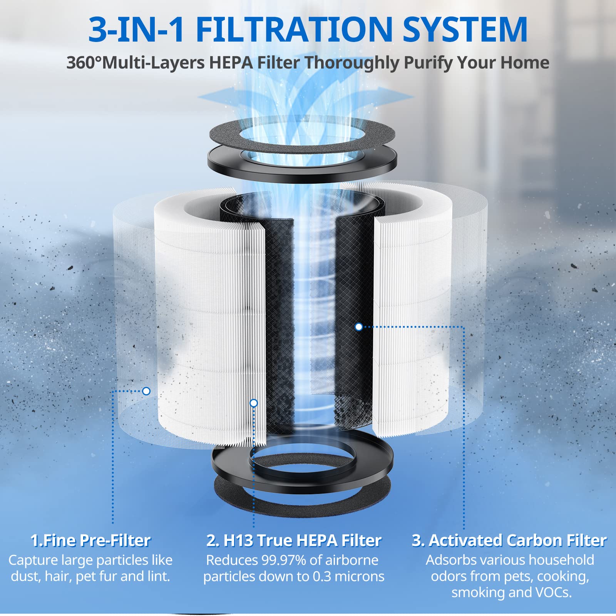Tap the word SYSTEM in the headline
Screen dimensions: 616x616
click(465, 30)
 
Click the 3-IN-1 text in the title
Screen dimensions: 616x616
click(137, 30)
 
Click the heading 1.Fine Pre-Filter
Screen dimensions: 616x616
click(90, 540)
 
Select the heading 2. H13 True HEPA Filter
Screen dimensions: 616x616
click(294, 540)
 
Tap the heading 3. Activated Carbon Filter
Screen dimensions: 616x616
click(509, 540)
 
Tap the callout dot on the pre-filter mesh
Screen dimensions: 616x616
click(146, 391)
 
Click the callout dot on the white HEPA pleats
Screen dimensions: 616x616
click(254, 403)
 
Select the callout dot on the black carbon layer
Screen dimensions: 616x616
click(359, 327)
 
